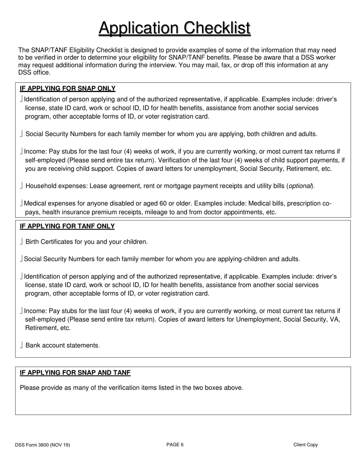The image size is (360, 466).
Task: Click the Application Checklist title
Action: point(175,28)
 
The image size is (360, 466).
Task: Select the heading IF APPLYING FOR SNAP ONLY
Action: point(67,89)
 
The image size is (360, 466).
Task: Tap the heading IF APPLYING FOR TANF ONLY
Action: point(67,227)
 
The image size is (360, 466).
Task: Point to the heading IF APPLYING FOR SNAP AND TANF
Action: point(75,373)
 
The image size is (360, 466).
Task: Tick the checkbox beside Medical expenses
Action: point(21,203)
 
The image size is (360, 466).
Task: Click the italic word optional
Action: point(301,186)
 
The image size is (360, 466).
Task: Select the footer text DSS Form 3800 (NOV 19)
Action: point(42,445)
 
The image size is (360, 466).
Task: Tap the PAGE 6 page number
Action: point(175,445)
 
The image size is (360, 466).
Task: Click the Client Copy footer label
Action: point(305,445)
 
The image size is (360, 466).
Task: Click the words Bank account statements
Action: point(62,346)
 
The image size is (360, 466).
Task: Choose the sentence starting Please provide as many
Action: point(131,388)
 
